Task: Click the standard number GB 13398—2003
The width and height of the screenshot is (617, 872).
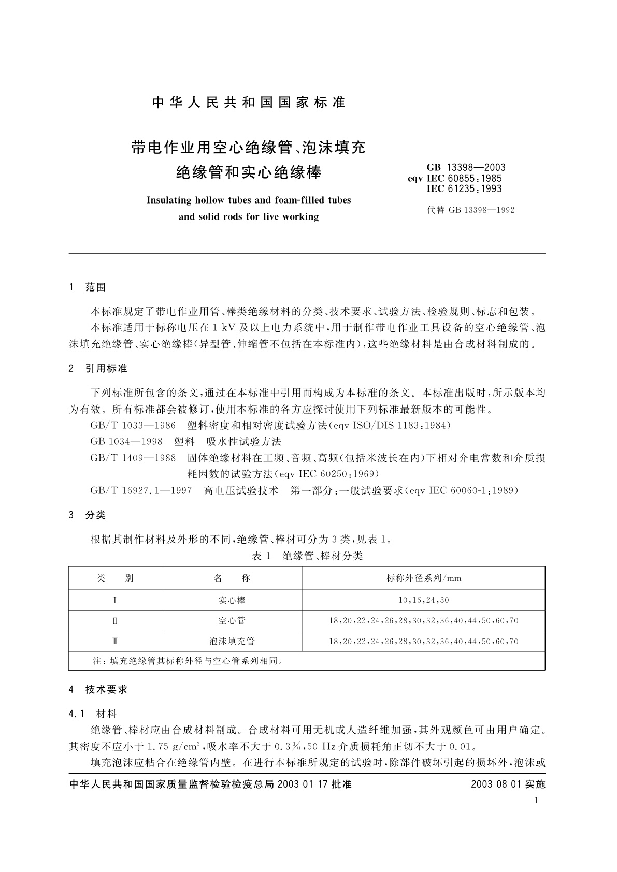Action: (x=466, y=167)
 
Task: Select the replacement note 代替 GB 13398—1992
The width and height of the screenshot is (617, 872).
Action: (x=470, y=210)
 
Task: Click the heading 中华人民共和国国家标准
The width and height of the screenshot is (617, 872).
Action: (x=249, y=103)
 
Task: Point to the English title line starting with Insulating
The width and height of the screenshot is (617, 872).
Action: (x=249, y=200)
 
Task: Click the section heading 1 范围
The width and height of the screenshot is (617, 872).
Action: (x=87, y=287)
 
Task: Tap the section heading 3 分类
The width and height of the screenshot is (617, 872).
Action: (x=87, y=515)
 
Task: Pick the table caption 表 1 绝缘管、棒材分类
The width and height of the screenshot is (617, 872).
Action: (x=307, y=556)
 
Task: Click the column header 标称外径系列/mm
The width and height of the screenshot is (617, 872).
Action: (x=423, y=578)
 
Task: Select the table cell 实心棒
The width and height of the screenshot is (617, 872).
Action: (x=232, y=600)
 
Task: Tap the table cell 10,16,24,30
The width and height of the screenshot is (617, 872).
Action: (x=423, y=600)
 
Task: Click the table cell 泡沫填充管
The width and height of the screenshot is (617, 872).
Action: (x=232, y=641)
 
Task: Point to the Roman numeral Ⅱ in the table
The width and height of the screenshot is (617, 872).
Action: (x=115, y=620)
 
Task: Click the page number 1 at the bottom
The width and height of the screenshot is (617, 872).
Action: (x=536, y=801)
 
